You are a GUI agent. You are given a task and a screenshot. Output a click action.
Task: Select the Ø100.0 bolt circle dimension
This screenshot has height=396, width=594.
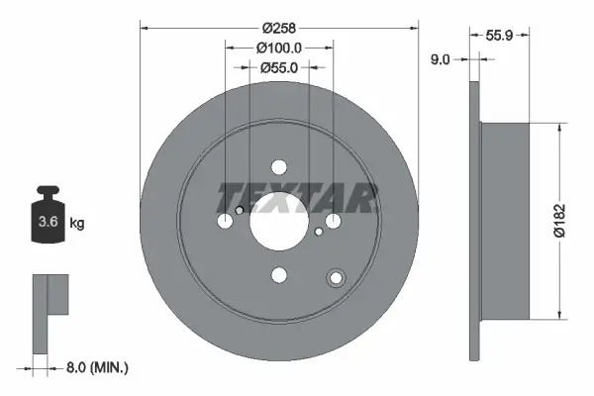[x=278, y=47]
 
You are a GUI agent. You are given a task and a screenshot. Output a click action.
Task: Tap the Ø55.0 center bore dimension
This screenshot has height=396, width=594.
[x=279, y=68]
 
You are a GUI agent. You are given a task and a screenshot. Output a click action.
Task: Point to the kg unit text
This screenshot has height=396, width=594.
[x=77, y=224]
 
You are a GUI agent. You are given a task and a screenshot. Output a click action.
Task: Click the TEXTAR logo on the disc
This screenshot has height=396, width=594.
[x=297, y=197]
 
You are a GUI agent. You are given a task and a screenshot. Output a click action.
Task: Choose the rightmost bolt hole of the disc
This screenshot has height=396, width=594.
[x=334, y=220]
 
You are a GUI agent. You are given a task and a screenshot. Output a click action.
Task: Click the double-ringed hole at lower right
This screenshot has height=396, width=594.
[x=337, y=278]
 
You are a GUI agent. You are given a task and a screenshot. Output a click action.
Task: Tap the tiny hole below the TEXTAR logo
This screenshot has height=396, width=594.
[x=318, y=232]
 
